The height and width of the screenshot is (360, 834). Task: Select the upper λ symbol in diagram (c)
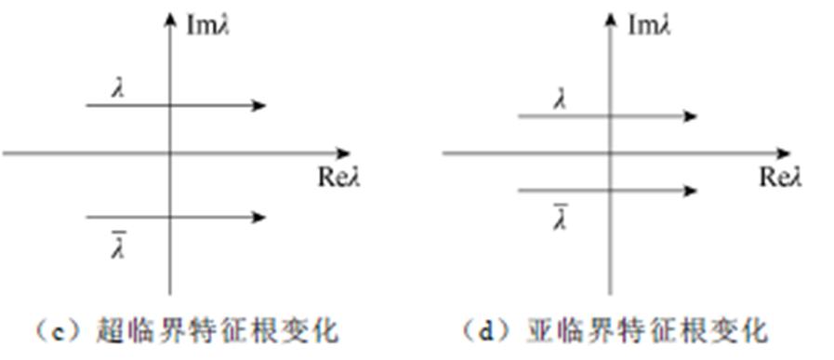click(x=118, y=88)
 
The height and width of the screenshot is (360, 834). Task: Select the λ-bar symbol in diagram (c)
click(x=118, y=247)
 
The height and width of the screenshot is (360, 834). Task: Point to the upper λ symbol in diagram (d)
click(x=559, y=99)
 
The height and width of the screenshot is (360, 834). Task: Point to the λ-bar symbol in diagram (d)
click(x=560, y=219)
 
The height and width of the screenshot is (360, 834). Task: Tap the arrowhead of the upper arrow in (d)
click(x=691, y=116)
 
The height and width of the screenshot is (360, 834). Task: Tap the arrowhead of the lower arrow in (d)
click(x=691, y=191)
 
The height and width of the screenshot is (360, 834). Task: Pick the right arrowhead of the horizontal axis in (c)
click(x=345, y=153)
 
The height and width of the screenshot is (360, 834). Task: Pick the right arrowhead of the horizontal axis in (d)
click(x=786, y=153)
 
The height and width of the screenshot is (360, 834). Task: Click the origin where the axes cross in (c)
click(x=169, y=153)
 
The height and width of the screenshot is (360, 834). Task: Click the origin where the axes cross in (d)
click(x=610, y=153)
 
